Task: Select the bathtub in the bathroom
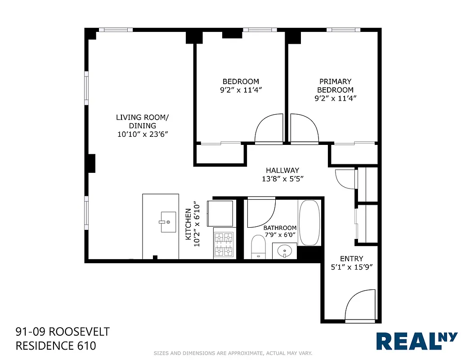[x=309, y=223]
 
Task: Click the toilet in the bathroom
[x=258, y=247]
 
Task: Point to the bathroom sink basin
[x=284, y=251]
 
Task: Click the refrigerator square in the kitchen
[x=220, y=214]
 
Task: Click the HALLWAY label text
[x=282, y=171]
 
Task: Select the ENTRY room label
[x=351, y=259]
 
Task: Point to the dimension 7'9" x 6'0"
[x=280, y=235]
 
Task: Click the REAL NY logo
[x=417, y=341]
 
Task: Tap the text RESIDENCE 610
[x=56, y=346]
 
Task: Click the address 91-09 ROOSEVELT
[x=62, y=332]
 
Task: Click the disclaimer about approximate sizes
[x=233, y=353]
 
